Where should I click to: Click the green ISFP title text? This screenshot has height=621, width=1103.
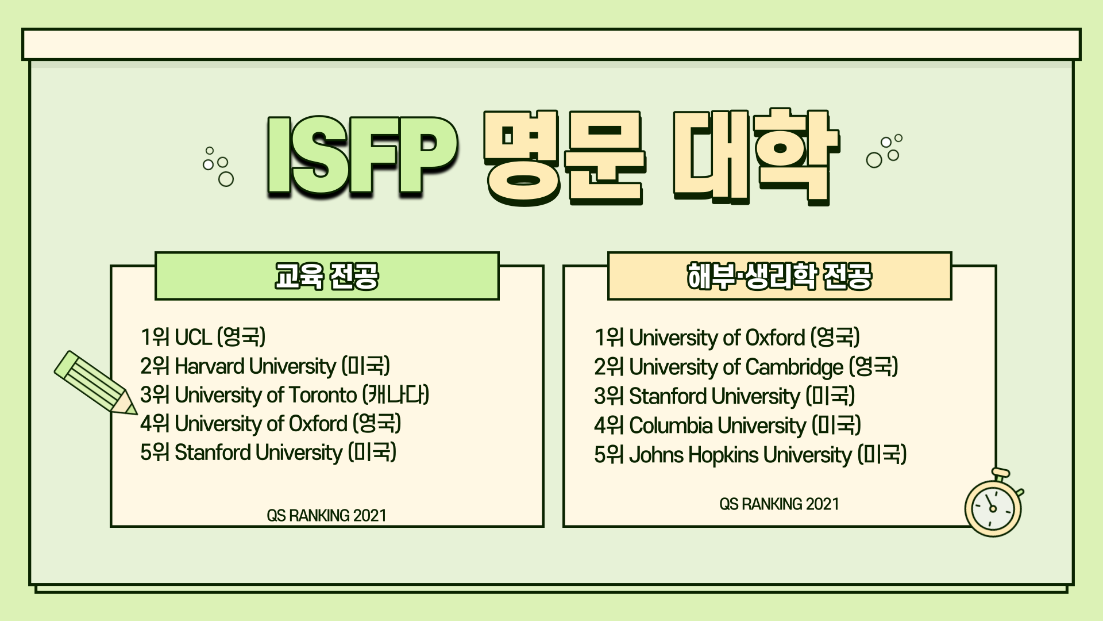click(x=362, y=156)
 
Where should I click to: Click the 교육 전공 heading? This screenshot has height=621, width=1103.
click(x=326, y=276)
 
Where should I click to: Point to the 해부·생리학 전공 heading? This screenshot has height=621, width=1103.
click(x=780, y=276)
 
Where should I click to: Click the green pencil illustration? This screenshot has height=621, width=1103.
click(x=95, y=382)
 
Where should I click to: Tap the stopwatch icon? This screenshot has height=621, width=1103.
click(x=994, y=503)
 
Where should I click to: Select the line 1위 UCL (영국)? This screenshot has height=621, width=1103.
click(x=203, y=337)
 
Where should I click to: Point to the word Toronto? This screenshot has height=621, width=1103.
click(x=323, y=395)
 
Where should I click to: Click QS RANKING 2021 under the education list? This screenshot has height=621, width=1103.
click(x=326, y=515)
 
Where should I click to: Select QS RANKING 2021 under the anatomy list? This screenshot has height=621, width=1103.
click(x=779, y=504)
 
